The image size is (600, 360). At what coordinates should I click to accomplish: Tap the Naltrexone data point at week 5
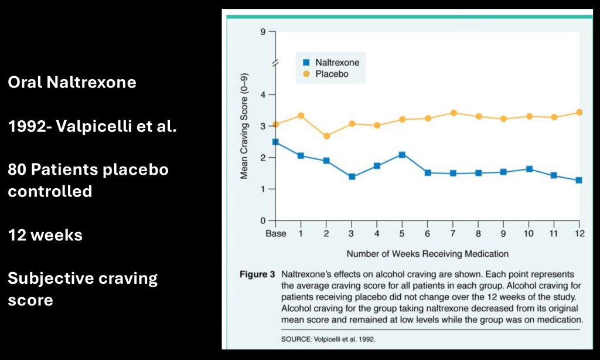coord(402,155)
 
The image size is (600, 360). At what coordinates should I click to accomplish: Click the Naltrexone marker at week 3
coord(352,176)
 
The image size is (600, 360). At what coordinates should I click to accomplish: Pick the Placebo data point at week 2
coord(326,136)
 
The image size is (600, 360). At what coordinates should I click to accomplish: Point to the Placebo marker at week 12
coord(579,112)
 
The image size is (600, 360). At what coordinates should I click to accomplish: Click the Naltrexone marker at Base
coord(275,142)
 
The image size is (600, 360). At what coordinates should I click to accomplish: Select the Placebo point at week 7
coord(453,113)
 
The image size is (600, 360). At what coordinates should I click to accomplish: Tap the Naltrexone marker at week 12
coord(579,180)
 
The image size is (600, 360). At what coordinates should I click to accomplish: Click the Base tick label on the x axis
coord(275,233)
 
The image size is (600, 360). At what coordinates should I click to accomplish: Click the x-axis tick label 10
coord(529,233)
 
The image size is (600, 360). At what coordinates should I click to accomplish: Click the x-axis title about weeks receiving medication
coord(427,254)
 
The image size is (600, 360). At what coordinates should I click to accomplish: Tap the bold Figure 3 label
coord(257,274)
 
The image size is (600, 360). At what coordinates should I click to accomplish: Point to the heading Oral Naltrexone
coord(72,82)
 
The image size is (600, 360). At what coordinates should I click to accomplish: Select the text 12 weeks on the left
coord(45,235)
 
